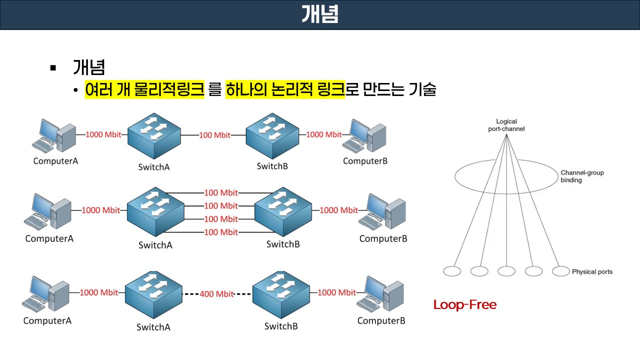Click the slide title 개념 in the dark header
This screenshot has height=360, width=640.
pyautogui.click(x=320, y=14)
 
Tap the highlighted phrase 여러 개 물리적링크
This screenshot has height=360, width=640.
pyautogui.click(x=144, y=90)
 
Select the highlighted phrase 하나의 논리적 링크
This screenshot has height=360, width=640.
pyautogui.click(x=285, y=90)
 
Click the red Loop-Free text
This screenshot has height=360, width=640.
pyautogui.click(x=464, y=304)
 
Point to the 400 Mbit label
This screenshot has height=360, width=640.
pyautogui.click(x=216, y=294)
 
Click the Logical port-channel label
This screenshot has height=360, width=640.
pyautogui.click(x=506, y=125)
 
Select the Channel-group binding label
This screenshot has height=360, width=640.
pyautogui.click(x=581, y=176)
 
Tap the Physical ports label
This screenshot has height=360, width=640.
pyautogui.click(x=592, y=272)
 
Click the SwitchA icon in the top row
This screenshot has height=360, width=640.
pyautogui.click(x=154, y=135)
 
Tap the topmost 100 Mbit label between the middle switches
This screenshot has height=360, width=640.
pyautogui.click(x=221, y=192)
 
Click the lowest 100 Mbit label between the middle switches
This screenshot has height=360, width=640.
pyautogui.click(x=221, y=232)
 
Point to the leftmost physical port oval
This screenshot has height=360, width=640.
pyautogui.click(x=452, y=271)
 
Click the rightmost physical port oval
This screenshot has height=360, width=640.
pyautogui.click(x=561, y=271)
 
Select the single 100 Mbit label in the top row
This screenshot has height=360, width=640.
pyautogui.click(x=215, y=135)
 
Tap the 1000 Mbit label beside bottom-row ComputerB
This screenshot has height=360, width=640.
pyautogui.click(x=336, y=292)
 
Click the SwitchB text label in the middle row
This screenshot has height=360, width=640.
pyautogui.click(x=283, y=244)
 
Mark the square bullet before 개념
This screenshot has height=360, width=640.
pyautogui.click(x=53, y=67)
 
